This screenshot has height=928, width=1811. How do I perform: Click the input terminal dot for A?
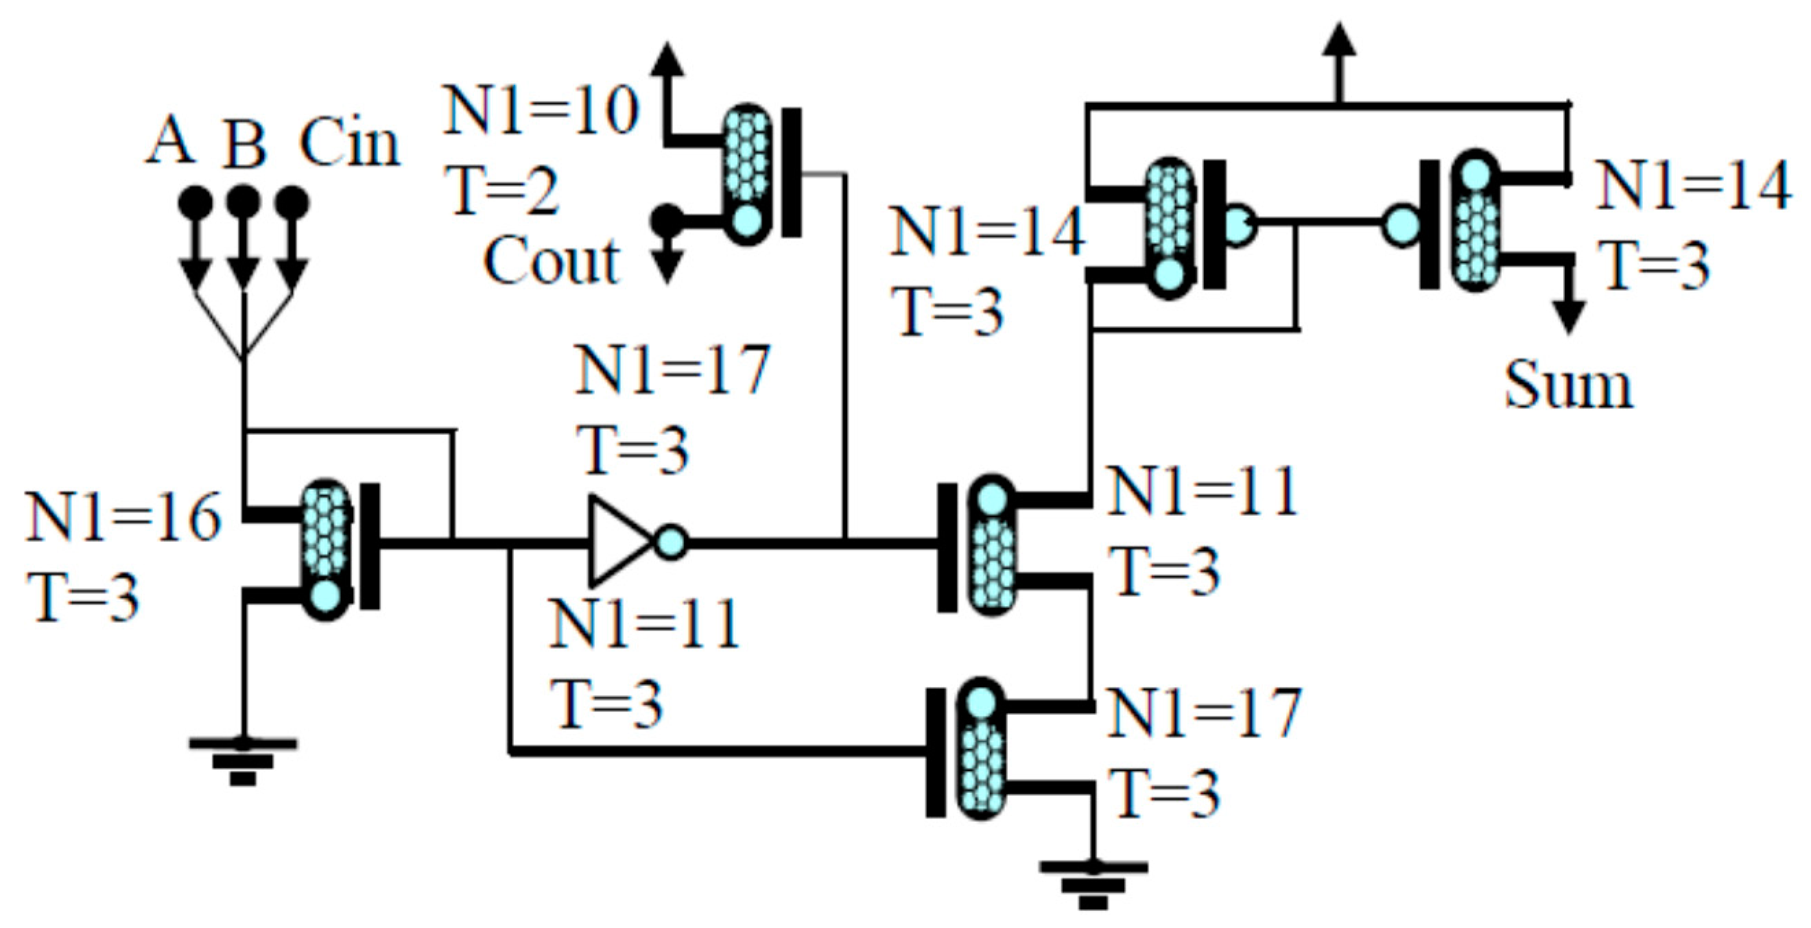[195, 203]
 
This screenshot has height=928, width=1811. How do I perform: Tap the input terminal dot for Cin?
[292, 203]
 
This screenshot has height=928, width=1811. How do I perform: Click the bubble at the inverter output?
[672, 542]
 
